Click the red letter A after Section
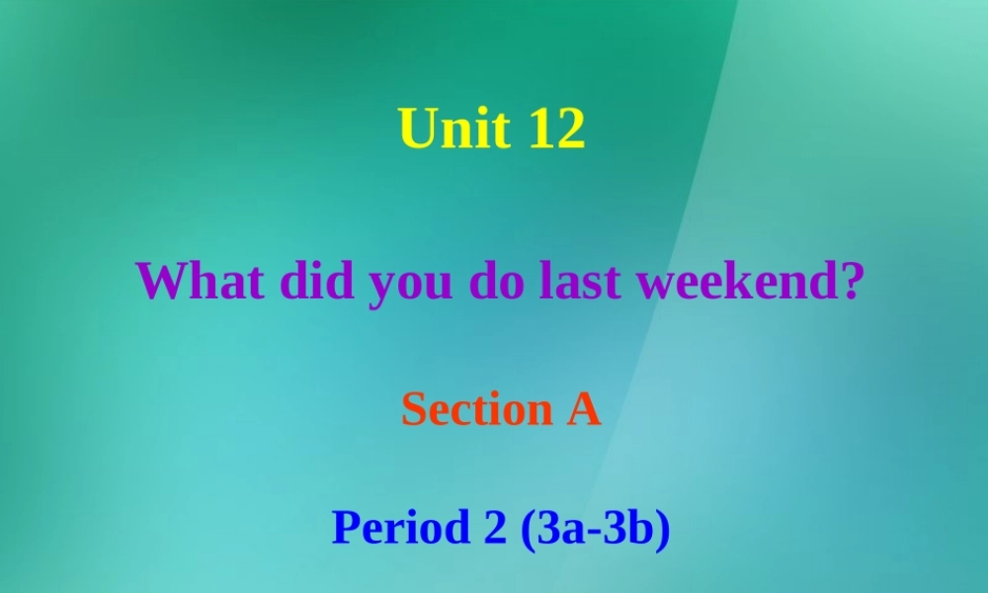click(583, 409)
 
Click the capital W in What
click(158, 282)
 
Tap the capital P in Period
click(345, 528)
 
